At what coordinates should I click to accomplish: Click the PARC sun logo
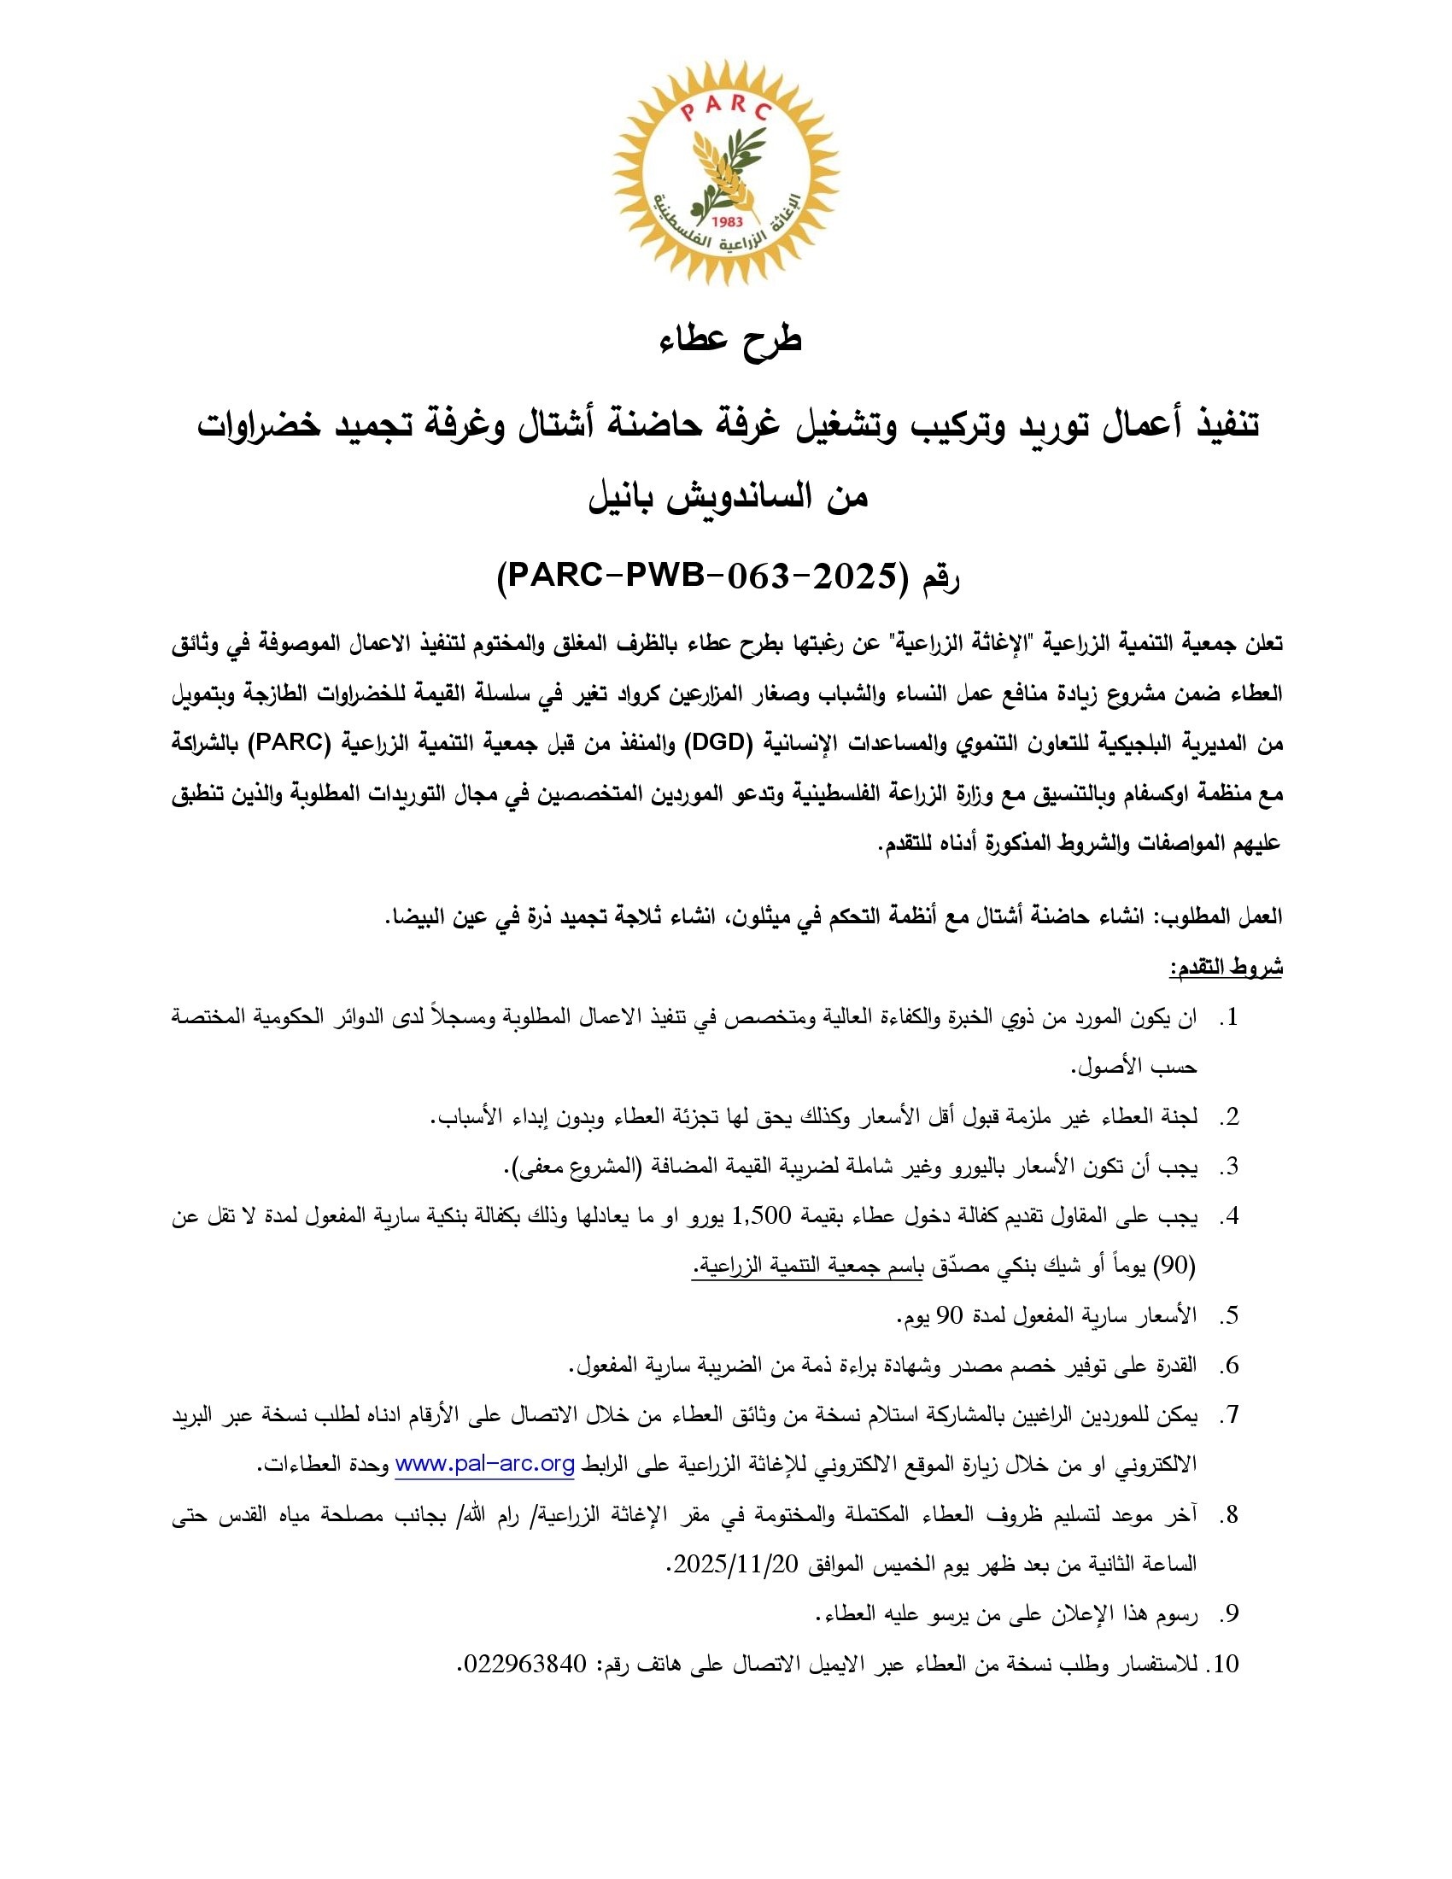pos(726,172)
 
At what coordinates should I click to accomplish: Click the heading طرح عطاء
pos(730,339)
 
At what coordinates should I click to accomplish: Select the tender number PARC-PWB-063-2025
pos(697,577)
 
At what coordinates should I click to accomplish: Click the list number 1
pos(1230,1018)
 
